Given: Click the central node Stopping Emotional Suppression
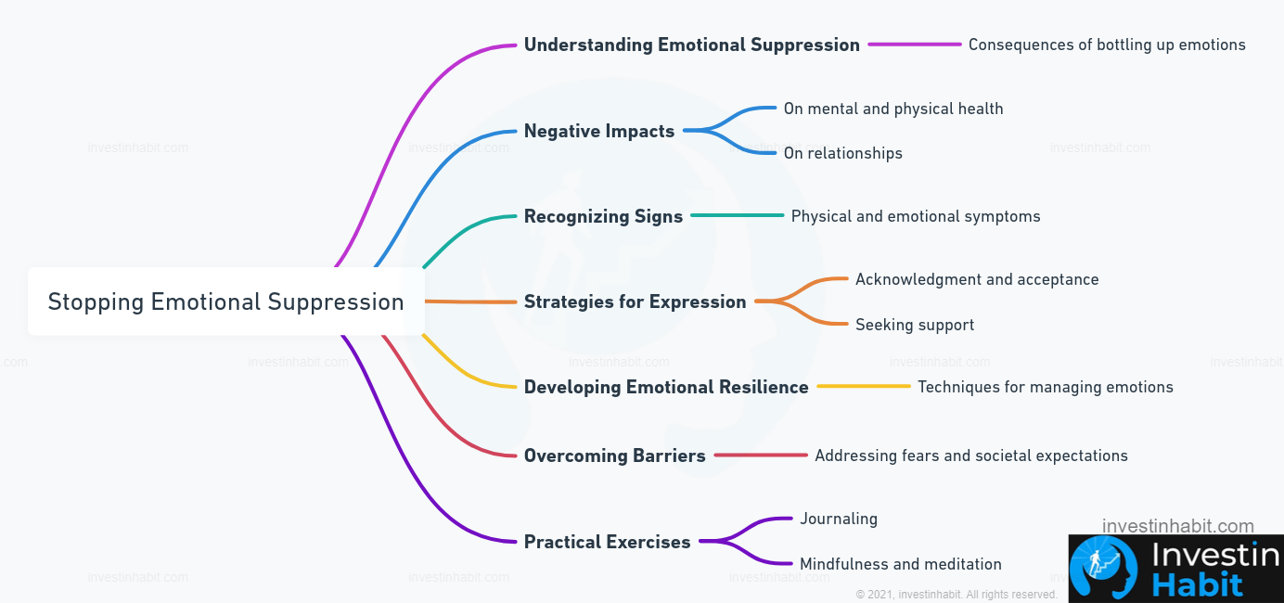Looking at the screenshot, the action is pos(225,301).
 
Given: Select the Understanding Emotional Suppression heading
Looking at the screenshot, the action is pos(692,45).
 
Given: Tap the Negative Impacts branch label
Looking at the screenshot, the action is pos(599,131).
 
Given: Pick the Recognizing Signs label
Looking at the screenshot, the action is pos(603,216).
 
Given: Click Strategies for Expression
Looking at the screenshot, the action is pos(636,301).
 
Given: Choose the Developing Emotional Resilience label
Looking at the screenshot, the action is pos(666,387).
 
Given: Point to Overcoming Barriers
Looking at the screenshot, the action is pos(614,455).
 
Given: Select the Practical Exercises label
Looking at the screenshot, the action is pos(607,542).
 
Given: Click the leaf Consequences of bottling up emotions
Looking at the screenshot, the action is pos(1107,45).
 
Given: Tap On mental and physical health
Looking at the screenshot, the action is pos(893,109).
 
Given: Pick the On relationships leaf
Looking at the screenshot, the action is pos(842,153).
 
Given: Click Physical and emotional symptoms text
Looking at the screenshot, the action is pos(916,216).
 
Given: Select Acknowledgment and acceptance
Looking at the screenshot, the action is pos(977,279).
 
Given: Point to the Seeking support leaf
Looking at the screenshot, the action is pos(915,325).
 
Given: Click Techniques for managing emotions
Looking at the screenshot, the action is pos(1045,387).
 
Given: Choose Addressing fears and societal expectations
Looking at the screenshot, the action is pos(971,455).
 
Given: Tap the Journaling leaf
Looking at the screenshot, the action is pos(839,519).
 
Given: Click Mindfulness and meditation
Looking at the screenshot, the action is pos(901,564).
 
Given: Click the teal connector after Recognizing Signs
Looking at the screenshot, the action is pos(738,215).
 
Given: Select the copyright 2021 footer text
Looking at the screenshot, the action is pos(957,595).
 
